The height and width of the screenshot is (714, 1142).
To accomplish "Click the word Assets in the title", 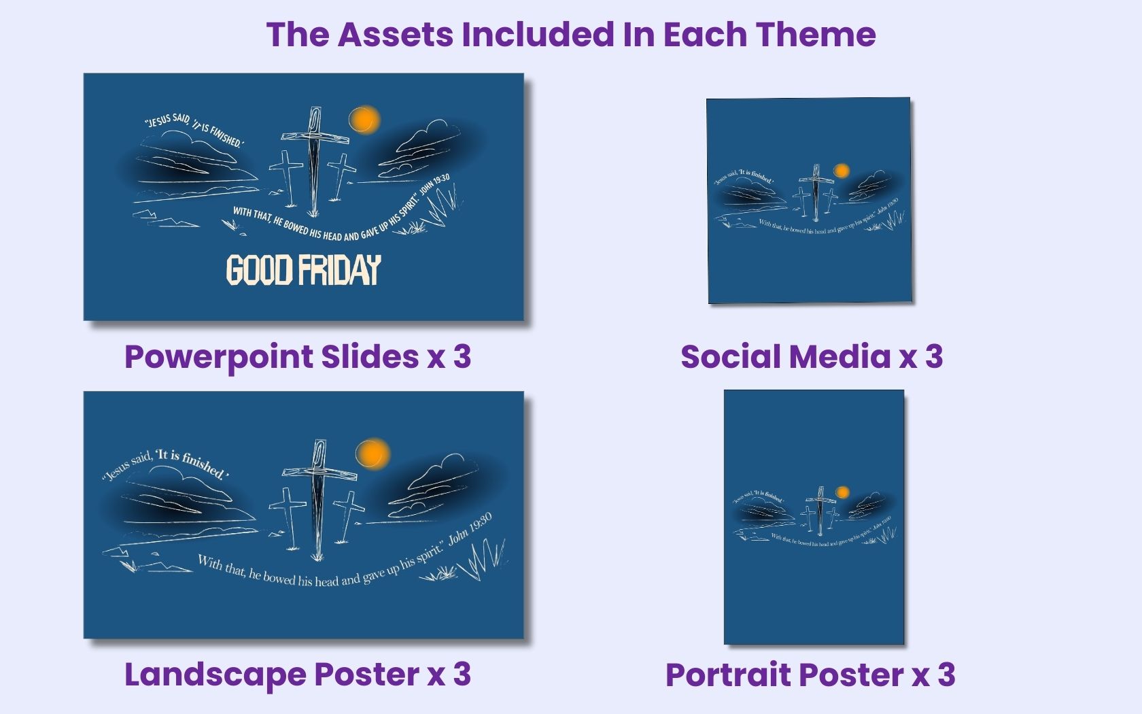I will (395, 34).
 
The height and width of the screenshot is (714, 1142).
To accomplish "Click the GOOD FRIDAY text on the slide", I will (303, 270).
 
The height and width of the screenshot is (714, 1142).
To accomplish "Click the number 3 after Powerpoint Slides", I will (462, 356).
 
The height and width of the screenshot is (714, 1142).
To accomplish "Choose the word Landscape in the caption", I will (215, 675).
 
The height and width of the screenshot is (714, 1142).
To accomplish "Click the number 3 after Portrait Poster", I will (946, 675).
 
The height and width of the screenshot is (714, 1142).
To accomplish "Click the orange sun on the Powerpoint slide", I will (364, 120).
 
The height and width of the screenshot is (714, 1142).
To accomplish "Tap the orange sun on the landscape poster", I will (373, 453).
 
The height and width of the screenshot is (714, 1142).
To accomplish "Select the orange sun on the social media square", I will (842, 171).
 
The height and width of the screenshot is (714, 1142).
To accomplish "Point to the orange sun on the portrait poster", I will (842, 492).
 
